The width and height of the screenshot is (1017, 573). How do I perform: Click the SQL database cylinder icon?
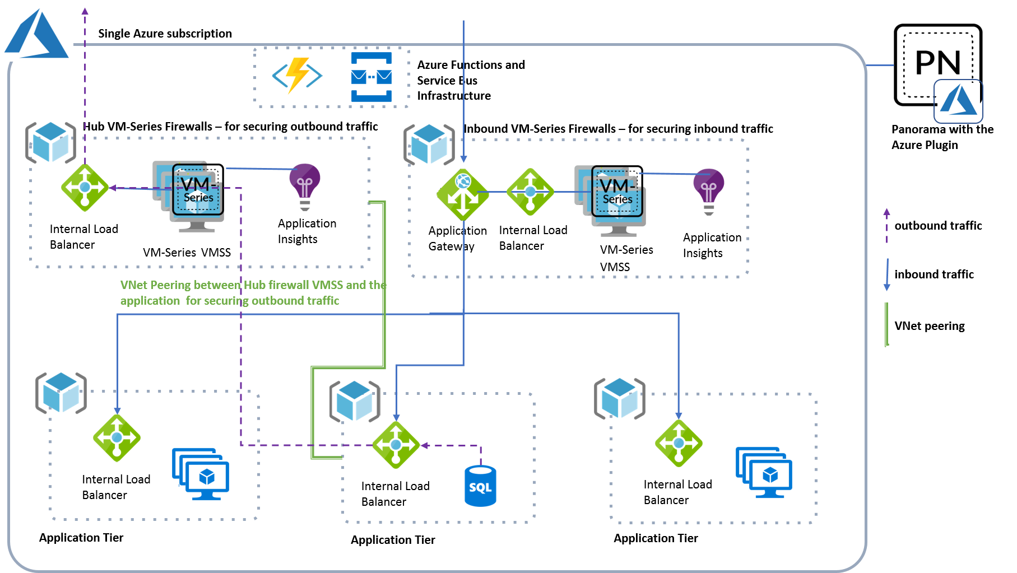coord(480,486)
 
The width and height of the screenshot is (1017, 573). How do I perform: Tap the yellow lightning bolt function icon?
coord(298,75)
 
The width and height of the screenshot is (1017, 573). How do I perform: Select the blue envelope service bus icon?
coord(371,77)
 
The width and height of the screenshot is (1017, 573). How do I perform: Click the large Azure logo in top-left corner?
coord(36,34)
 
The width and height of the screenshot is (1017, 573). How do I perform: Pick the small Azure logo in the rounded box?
coord(958,101)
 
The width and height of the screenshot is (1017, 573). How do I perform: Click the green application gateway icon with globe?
coord(463,194)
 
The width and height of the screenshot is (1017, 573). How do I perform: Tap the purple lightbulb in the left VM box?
coord(305,186)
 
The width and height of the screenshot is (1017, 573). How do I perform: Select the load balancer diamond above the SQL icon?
coord(396,445)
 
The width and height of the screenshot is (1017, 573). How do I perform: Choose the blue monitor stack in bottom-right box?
coord(764,473)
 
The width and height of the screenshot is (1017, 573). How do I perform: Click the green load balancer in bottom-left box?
coord(117,437)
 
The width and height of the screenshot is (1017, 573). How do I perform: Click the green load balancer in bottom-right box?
coord(679,443)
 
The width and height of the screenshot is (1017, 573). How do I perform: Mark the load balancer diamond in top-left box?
coord(85,188)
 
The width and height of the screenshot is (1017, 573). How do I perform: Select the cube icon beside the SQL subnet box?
coord(355,401)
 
